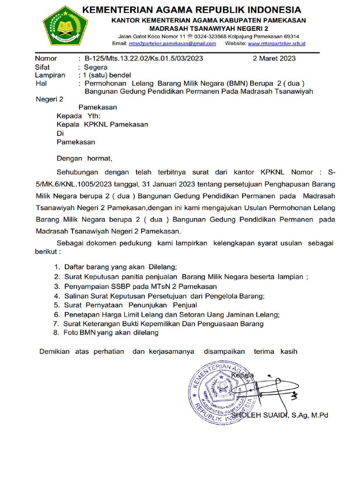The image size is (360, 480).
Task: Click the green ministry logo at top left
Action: pyautogui.click(x=65, y=25)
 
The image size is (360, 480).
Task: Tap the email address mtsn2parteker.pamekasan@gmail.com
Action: pyautogui.click(x=172, y=44)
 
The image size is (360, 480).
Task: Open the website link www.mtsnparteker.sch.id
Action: pyautogui.click(x=277, y=44)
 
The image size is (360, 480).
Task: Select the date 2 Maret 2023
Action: pyautogui.click(x=274, y=59)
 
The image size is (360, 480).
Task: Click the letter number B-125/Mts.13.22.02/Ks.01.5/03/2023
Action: pyautogui.click(x=143, y=59)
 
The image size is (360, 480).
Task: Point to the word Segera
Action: pyautogui.click(x=96, y=67)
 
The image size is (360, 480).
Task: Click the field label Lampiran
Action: pyautogui.click(x=49, y=75)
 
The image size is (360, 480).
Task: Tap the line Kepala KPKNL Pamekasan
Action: pyautogui.click(x=102, y=124)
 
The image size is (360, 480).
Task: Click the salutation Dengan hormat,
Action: pyautogui.click(x=85, y=158)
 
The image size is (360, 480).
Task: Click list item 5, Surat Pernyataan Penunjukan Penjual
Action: pyautogui.click(x=130, y=305)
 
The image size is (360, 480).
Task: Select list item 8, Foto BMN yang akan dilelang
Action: pyautogui.click(x=112, y=333)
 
